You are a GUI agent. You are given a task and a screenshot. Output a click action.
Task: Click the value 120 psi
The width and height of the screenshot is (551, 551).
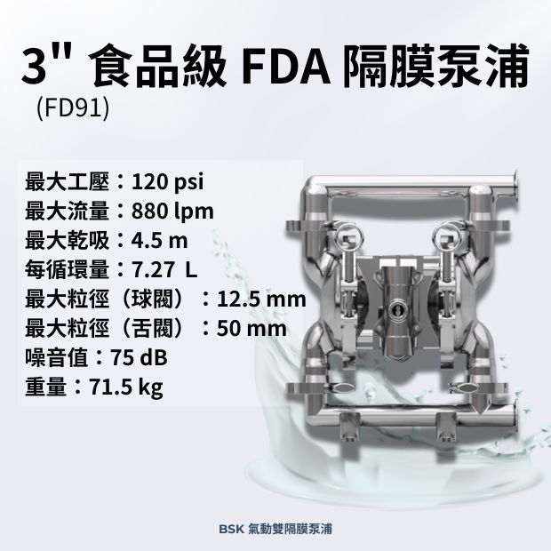pyautogui.click(x=168, y=183)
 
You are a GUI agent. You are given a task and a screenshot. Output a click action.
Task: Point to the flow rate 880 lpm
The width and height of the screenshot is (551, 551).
pyautogui.click(x=172, y=212)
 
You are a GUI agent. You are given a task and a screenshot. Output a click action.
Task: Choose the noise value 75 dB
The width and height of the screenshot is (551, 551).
pyautogui.click(x=139, y=358)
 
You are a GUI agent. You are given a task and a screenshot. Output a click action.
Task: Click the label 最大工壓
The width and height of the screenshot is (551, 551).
pyautogui.click(x=68, y=183)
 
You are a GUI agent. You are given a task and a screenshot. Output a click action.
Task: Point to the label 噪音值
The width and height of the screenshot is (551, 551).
pyautogui.click(x=57, y=358)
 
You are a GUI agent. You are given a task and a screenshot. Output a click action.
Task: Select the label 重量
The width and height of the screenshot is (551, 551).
pyautogui.click(x=46, y=387)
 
